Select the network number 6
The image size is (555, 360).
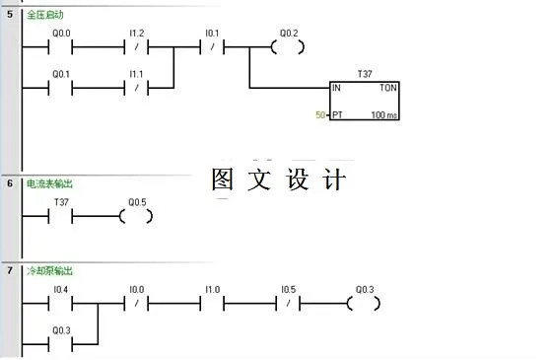coord(9,183)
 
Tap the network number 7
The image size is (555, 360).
coord(9,270)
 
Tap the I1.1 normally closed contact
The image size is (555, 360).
coord(137,88)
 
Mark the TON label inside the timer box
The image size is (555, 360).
coord(388,88)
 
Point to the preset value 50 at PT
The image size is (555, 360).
coord(320,115)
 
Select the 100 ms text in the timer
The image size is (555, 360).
coord(384,115)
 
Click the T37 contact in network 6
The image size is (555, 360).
coord(60,214)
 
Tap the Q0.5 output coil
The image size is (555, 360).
coord(136,214)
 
